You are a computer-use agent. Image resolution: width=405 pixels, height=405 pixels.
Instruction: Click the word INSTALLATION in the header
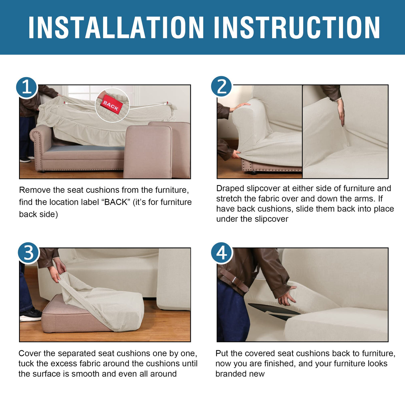(x=116, y=27)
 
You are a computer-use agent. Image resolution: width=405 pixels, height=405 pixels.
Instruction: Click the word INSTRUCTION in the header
(x=297, y=27)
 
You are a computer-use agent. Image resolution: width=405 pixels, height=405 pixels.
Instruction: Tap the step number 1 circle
(x=27, y=87)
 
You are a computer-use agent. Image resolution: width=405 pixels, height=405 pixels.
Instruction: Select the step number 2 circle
(x=221, y=86)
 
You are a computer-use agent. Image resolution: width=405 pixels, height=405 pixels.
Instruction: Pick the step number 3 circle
(x=29, y=253)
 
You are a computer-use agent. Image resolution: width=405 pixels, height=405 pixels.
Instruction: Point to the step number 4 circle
(x=222, y=253)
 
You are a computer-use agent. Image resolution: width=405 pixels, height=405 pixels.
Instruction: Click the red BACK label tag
(x=111, y=105)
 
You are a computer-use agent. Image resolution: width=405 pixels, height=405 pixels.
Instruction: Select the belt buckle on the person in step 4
(x=235, y=280)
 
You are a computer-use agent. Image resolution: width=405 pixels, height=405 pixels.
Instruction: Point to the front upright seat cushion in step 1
(x=147, y=152)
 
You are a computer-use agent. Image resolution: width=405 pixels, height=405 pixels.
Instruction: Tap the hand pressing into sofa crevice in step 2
(x=341, y=112)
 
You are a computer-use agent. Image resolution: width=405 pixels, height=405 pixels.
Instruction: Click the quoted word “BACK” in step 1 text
(x=115, y=202)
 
